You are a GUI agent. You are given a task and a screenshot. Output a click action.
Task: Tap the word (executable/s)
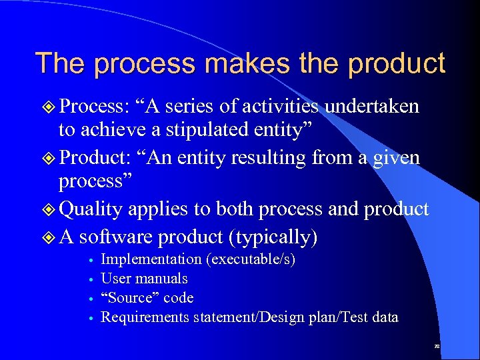[x=250, y=259]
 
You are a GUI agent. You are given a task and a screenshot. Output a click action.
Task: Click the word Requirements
[x=145, y=317]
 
